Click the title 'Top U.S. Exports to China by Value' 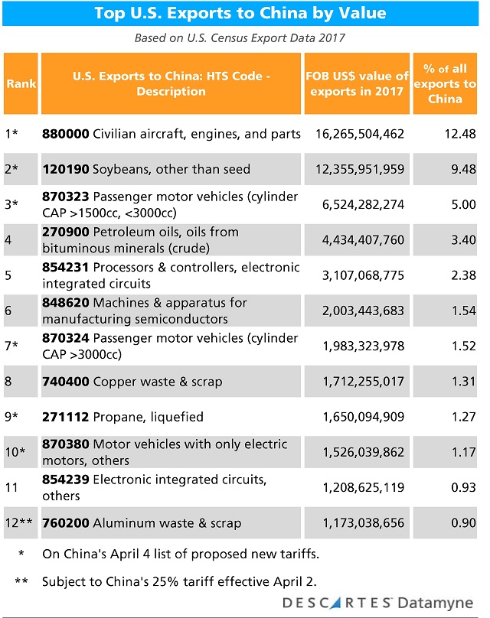(240, 15)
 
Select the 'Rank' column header (21, 83)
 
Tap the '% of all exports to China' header (446, 83)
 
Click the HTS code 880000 (66, 135)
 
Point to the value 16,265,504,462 (359, 135)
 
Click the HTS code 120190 (66, 169)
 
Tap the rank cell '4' (8, 239)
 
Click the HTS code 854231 (66, 267)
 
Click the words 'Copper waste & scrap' (158, 380)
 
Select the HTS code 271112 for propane (66, 417)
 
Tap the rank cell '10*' (16, 452)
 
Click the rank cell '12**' (19, 523)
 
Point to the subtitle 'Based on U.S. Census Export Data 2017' (240, 37)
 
